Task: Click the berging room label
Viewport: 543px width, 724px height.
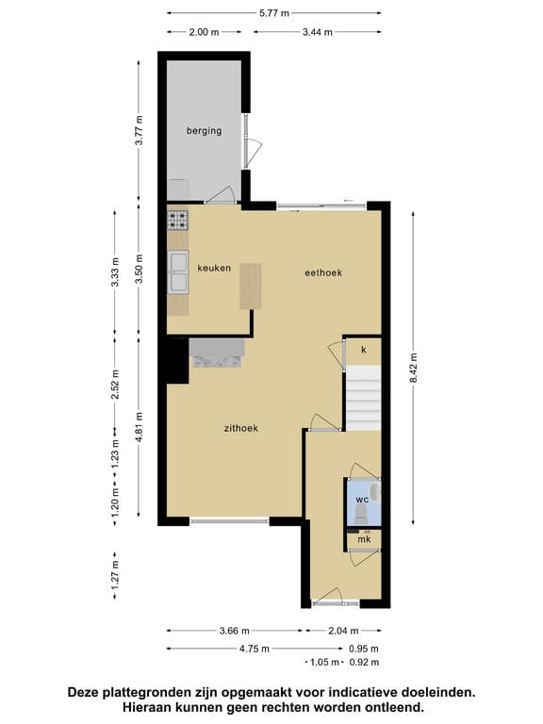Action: click(204, 131)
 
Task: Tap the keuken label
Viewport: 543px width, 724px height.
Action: click(214, 268)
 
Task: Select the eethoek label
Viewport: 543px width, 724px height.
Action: click(323, 272)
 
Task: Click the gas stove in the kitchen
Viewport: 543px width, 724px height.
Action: click(177, 221)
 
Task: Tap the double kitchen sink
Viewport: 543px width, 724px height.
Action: click(177, 272)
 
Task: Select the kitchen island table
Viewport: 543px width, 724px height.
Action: click(249, 285)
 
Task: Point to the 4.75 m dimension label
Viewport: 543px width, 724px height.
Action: click(254, 649)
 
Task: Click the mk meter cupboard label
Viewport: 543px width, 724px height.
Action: click(363, 539)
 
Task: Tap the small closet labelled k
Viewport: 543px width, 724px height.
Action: click(363, 349)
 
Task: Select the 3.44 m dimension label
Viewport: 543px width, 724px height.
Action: click(318, 32)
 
